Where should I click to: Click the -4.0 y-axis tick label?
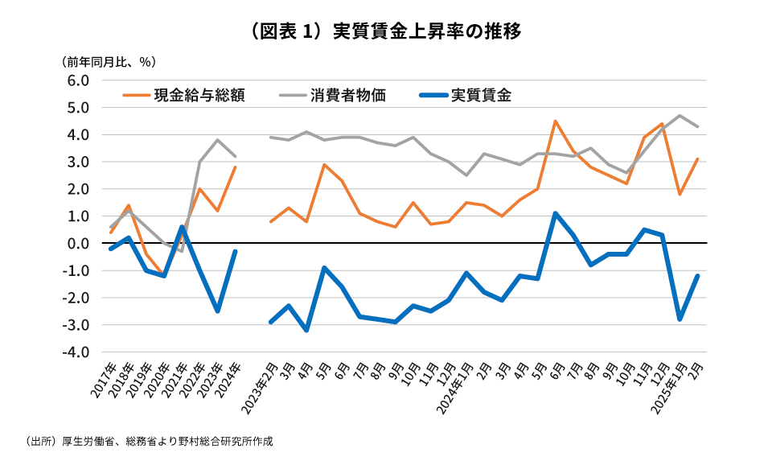click(x=76, y=352)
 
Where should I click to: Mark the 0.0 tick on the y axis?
click(x=77, y=243)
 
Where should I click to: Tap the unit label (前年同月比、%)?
click(x=109, y=61)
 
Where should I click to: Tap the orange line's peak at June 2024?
click(x=556, y=121)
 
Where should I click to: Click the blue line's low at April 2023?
click(x=307, y=330)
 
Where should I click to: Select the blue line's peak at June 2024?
click(x=556, y=213)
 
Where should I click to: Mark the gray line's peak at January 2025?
click(x=680, y=115)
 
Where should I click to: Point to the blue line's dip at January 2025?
click(x=680, y=319)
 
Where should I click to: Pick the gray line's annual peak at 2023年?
click(x=217, y=140)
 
